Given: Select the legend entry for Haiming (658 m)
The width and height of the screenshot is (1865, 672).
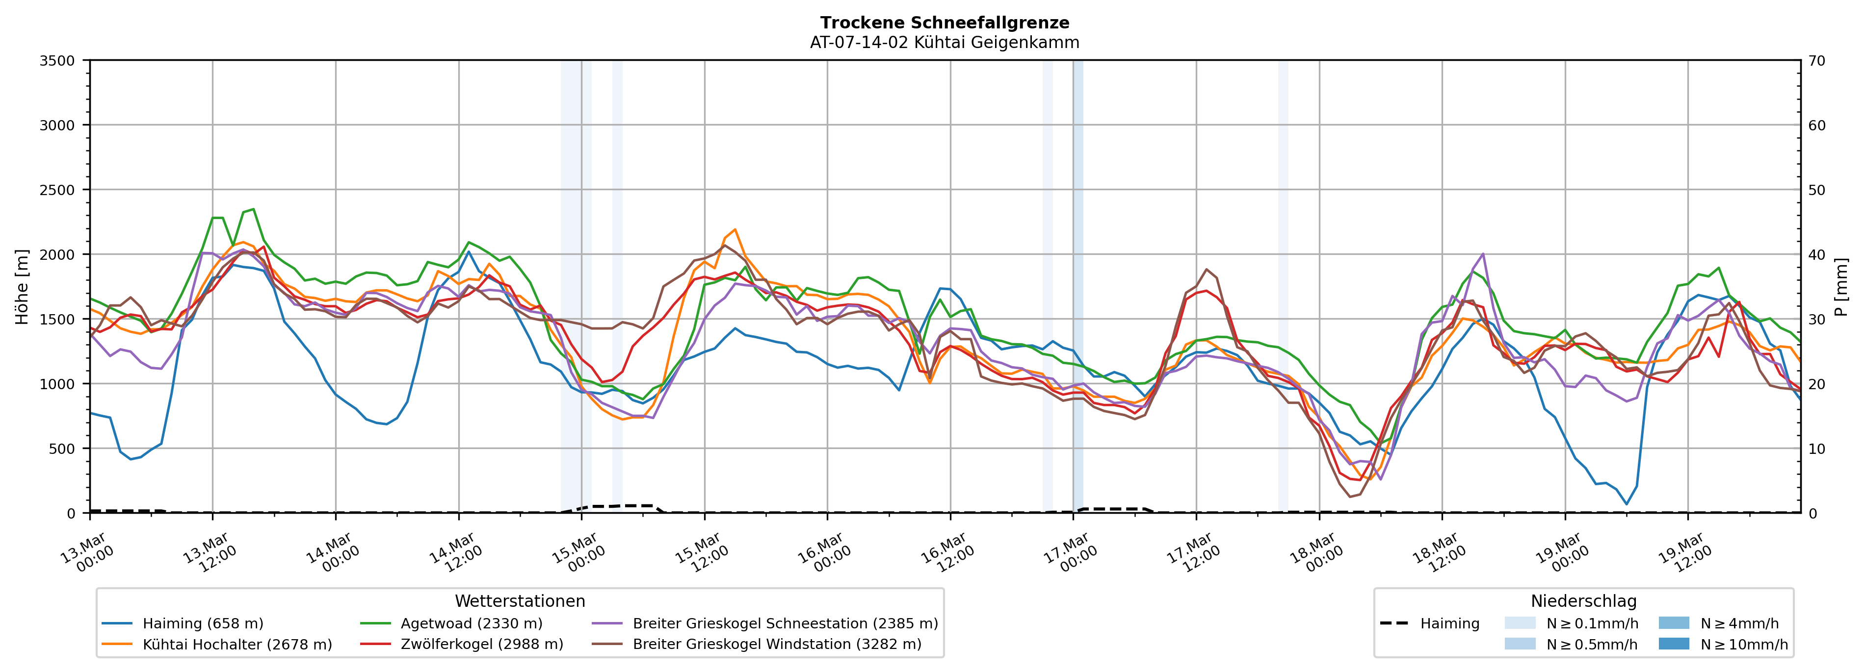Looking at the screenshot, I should pos(203,623).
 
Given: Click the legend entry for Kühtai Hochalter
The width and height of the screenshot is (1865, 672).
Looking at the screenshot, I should pos(237,645).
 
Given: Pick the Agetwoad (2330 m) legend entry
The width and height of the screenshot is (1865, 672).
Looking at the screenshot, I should pos(472,623).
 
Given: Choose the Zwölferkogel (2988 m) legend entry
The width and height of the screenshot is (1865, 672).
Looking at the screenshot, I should pos(481,645).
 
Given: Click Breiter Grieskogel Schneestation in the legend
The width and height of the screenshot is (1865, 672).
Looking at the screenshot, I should pos(785,623).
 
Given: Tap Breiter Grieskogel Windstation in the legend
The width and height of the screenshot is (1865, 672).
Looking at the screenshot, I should pos(777,645).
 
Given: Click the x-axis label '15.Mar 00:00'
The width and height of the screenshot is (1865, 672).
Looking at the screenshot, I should pos(578,553).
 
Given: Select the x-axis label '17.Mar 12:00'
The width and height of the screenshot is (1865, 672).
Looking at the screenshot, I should pos(1193,553).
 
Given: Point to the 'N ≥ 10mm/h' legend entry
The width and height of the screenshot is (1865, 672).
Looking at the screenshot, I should pos(1743,645).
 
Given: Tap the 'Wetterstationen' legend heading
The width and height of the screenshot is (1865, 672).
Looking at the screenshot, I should pos(520,601).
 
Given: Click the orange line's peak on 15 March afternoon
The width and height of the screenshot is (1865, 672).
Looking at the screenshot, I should pos(735,230).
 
